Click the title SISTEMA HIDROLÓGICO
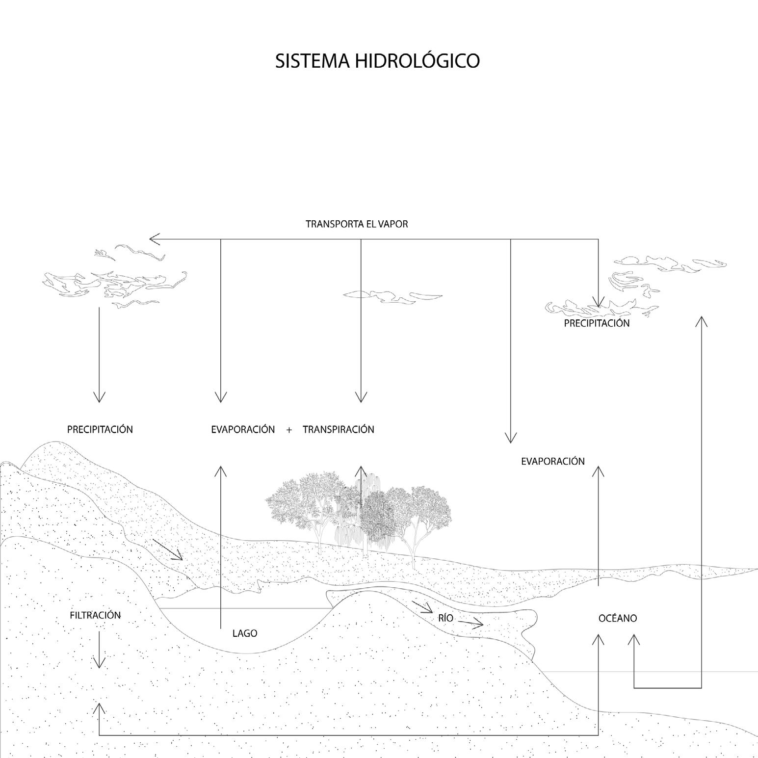(x=377, y=61)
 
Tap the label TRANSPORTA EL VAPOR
(x=357, y=224)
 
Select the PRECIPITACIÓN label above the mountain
(x=100, y=429)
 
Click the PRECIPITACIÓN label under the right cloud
(x=597, y=323)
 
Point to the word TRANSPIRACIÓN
(x=338, y=429)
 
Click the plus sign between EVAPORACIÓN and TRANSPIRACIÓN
(x=289, y=430)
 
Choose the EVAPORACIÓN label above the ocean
(x=553, y=461)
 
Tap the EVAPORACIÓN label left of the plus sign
(x=243, y=429)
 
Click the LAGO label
(x=245, y=633)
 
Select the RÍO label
(x=445, y=618)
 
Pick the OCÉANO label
(x=618, y=618)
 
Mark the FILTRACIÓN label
(x=95, y=615)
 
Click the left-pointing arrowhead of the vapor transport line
(x=154, y=239)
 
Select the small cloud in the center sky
(x=392, y=295)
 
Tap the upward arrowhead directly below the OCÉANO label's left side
(x=598, y=639)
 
